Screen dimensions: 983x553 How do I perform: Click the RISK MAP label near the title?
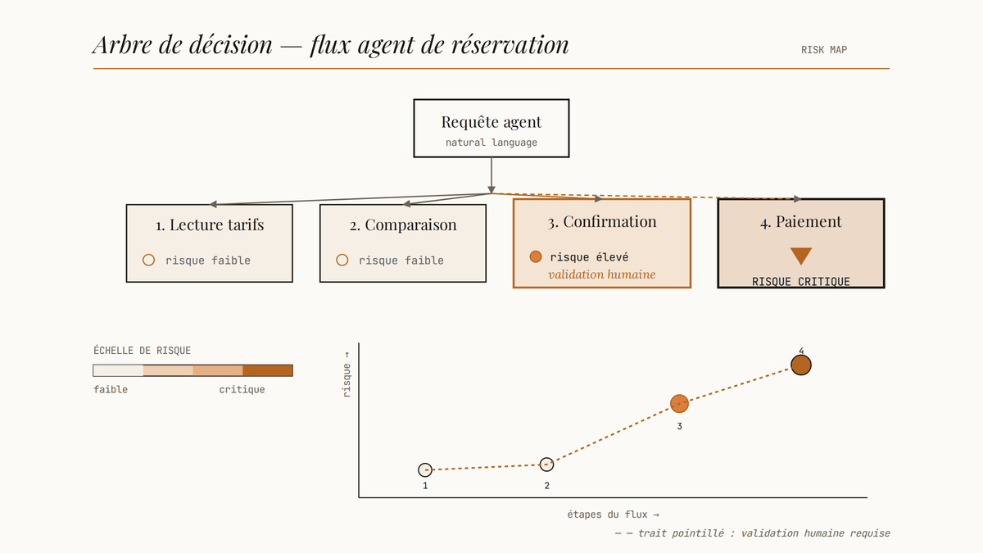click(824, 50)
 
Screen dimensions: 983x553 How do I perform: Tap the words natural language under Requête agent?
click(491, 143)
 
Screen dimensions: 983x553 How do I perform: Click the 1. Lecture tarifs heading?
click(210, 224)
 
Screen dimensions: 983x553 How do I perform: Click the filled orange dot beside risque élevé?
click(536, 256)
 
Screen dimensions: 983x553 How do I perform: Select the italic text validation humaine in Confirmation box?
click(602, 274)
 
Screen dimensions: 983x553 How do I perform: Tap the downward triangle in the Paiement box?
click(801, 256)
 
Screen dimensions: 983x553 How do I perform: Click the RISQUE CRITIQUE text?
click(801, 281)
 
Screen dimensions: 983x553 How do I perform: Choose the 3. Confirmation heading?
click(602, 222)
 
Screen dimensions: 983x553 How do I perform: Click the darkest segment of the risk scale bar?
click(268, 370)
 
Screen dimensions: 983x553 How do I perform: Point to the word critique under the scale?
click(242, 390)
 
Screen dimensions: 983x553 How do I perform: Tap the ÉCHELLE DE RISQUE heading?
click(143, 351)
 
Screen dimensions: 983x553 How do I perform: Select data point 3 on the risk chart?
click(679, 404)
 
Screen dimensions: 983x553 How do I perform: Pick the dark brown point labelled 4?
click(801, 365)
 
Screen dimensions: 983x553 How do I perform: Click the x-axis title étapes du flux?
click(613, 514)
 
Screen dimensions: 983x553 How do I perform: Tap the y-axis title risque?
click(347, 374)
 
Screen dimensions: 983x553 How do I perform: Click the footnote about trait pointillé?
click(752, 533)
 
